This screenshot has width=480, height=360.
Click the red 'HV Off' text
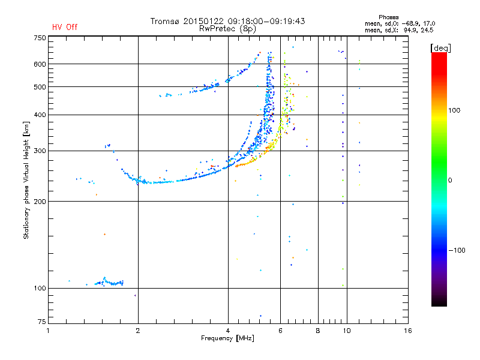pos(65,27)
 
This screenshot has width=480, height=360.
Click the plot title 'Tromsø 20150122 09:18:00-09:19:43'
pos(227,21)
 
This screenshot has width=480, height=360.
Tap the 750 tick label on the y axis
pos(40,37)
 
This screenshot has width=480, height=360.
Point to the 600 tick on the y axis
pos(40,64)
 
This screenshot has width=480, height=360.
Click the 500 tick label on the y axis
pos(40,87)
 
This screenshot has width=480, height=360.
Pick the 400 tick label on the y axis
pos(40,115)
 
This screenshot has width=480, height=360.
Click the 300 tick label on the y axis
pos(40,151)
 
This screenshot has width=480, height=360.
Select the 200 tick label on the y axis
pos(40,201)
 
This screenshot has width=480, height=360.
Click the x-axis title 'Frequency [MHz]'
pos(227,339)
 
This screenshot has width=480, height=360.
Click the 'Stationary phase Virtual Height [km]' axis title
pos(27,180)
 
